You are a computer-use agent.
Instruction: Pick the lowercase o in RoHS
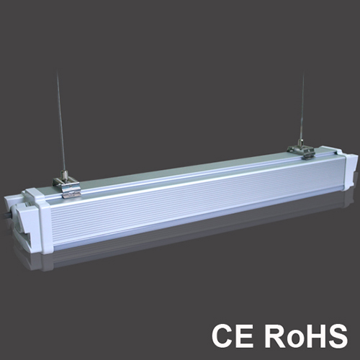coord(294,338)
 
